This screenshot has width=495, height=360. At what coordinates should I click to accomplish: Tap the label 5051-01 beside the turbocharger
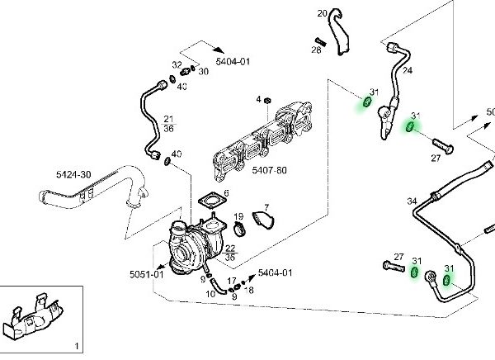coord(146,274)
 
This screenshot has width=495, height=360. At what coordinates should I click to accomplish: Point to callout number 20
coord(323,12)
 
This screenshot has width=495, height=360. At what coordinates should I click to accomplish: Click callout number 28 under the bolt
coord(316,50)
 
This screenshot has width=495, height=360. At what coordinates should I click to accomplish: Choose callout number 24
coord(407,70)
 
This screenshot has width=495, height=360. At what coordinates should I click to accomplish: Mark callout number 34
coord(412,201)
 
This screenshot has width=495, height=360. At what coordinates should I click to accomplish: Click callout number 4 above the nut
coord(257,99)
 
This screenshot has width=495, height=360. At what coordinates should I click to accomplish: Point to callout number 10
coord(210,292)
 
